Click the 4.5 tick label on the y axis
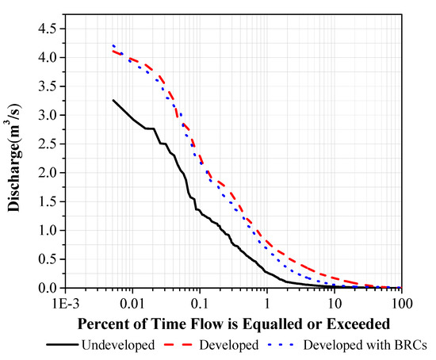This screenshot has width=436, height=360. click(x=46, y=29)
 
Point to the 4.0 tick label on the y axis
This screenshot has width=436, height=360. click(x=46, y=58)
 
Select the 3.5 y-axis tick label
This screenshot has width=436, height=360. click(x=46, y=86)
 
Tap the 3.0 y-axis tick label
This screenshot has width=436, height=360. click(x=46, y=115)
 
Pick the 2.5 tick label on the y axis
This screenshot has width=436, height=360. click(x=46, y=144)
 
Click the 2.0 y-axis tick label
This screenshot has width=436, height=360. click(x=46, y=173)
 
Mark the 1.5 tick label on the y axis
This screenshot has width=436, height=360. click(x=46, y=201)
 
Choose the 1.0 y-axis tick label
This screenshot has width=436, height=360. click(x=46, y=231)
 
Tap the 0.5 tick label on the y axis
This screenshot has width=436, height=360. click(x=46, y=259)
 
